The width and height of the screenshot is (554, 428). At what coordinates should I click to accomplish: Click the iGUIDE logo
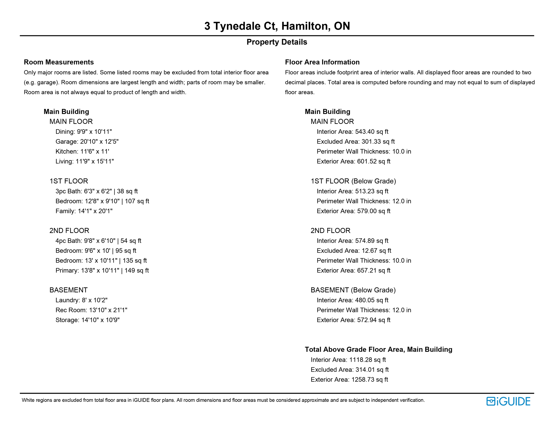pos(508,401)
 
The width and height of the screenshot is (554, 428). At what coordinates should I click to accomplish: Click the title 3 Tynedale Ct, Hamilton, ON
pos(277,26)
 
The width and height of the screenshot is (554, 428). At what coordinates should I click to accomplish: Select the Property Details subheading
pos(277,42)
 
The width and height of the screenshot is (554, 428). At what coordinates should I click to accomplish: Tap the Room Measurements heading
pos(59,62)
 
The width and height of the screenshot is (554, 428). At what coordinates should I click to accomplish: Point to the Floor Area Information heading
pos(322,62)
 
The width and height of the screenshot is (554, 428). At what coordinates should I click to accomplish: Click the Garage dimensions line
pos(87,142)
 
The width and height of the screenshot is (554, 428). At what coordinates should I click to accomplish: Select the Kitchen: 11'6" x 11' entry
pos(82,152)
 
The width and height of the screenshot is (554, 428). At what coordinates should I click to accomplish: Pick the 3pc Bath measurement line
pos(96,191)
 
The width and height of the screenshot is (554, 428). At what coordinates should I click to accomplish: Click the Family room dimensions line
pos(84,211)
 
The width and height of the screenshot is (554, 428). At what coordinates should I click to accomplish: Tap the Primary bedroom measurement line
pos(102,271)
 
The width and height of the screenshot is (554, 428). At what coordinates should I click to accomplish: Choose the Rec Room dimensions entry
pos(91,310)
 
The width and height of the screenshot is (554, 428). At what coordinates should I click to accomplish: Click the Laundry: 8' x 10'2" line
pos(81,300)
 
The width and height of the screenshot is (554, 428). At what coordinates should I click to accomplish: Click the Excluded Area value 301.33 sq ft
pos(378,142)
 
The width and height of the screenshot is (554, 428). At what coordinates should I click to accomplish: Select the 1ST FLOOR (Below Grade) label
pos(353,181)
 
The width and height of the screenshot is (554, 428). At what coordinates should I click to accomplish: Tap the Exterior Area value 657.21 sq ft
pos(374,271)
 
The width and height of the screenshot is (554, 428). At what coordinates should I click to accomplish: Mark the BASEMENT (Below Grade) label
pos(353,290)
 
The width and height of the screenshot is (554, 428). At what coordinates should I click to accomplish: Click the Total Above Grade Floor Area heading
pos(378,350)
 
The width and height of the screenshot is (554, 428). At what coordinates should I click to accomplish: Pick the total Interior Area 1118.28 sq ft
pos(367,360)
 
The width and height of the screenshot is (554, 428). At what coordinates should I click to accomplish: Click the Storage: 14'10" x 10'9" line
pos(88,320)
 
